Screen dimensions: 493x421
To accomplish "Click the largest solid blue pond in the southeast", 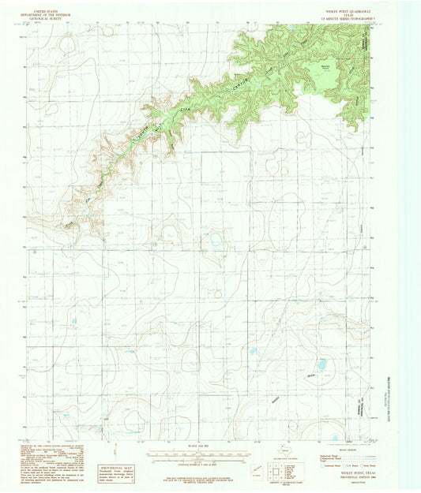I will click(x=321, y=364).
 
